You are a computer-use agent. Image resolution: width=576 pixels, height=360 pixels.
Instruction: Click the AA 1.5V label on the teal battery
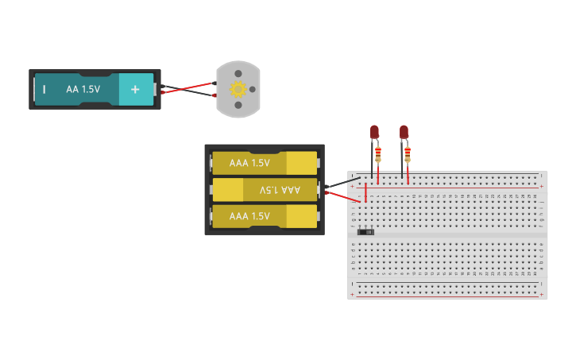[x=83, y=89]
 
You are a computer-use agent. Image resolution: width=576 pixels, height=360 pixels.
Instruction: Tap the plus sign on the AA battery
[x=135, y=89]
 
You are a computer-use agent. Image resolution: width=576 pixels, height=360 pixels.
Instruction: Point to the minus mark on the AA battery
[x=44, y=90]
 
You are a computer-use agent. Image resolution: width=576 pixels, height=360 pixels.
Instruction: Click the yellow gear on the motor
[x=237, y=89]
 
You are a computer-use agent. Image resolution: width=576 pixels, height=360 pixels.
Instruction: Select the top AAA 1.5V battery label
[x=249, y=163]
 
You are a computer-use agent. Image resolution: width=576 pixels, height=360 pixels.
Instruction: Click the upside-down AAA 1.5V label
[x=280, y=190]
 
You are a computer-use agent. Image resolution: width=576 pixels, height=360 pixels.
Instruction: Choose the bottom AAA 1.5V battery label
[x=249, y=216]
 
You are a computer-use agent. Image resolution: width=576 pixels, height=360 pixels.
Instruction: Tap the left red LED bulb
[x=375, y=132]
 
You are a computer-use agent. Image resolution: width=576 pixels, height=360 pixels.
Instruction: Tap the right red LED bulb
[x=404, y=132]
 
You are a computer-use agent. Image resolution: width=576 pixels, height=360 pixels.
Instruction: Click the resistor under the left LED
[x=377, y=152]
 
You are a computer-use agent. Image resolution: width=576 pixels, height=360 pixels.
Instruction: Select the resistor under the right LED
[x=408, y=152]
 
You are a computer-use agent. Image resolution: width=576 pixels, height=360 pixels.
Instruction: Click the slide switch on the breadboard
[x=365, y=231]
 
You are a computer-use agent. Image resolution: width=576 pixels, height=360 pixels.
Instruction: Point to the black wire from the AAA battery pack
[x=343, y=183]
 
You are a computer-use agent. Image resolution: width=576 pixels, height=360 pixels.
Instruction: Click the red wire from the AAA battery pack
[x=343, y=196]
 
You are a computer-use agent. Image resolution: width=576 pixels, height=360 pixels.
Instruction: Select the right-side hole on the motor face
[x=253, y=89]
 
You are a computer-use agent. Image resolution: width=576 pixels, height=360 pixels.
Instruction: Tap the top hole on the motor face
[x=238, y=74]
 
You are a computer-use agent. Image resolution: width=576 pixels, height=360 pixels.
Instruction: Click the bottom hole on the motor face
[x=238, y=104]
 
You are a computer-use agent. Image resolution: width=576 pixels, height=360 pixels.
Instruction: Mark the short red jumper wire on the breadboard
[x=366, y=193]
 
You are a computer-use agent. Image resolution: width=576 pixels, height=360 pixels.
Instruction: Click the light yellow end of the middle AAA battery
[x=227, y=190]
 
